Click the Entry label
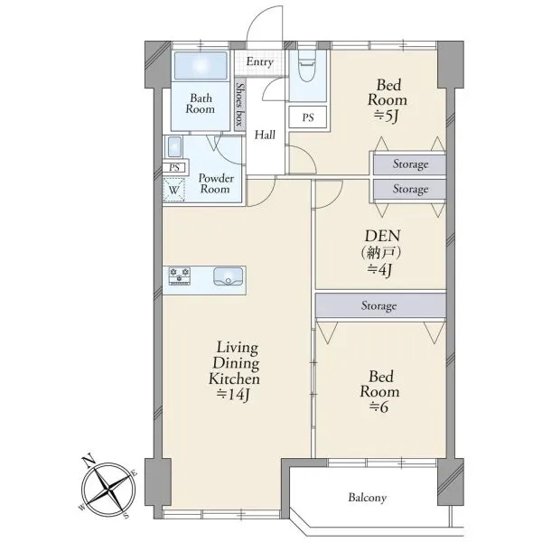(x=259, y=61)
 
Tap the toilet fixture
(x=307, y=66)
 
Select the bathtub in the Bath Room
(x=201, y=66)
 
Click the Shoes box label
(x=239, y=105)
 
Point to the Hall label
(x=265, y=135)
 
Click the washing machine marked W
(x=173, y=190)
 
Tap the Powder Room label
(x=216, y=183)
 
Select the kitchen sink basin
(x=229, y=276)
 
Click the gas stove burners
(x=180, y=276)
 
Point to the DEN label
(x=383, y=236)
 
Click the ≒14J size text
(x=233, y=394)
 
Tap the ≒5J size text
(x=387, y=117)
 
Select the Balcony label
(x=367, y=498)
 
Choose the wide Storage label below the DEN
(x=378, y=306)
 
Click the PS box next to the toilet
(x=308, y=117)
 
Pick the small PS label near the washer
(x=174, y=168)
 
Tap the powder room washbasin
(x=174, y=146)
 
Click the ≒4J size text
(x=380, y=269)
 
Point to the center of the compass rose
(x=109, y=489)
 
